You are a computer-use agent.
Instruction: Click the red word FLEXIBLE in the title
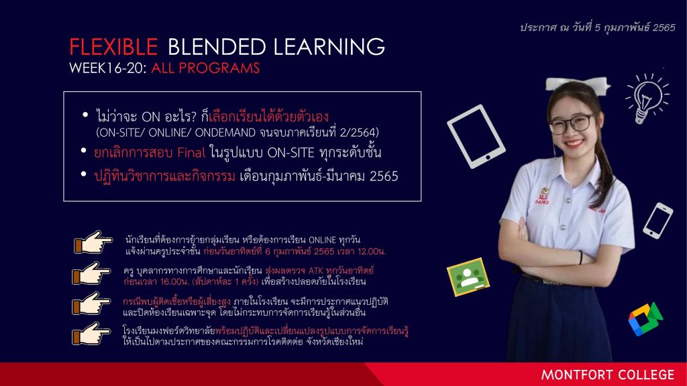pos(113,47)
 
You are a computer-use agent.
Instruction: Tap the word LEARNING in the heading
pos(329,47)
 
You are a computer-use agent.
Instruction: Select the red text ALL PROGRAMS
pos(205,68)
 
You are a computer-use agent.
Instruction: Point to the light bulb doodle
pos(647,98)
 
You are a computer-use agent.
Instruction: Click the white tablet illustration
pos(476,136)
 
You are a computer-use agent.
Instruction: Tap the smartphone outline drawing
pos(657,220)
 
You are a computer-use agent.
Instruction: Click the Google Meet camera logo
pos(645,319)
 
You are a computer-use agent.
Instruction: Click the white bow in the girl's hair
pos(578,84)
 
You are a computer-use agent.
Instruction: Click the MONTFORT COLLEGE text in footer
pos(608,375)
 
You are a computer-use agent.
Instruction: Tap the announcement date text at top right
pos(598,27)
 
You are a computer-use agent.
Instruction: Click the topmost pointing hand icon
pos(93,243)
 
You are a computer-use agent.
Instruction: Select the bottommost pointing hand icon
pos(91,334)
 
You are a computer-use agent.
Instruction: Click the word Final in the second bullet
pos(191,152)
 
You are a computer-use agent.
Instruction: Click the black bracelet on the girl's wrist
pos(580,257)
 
